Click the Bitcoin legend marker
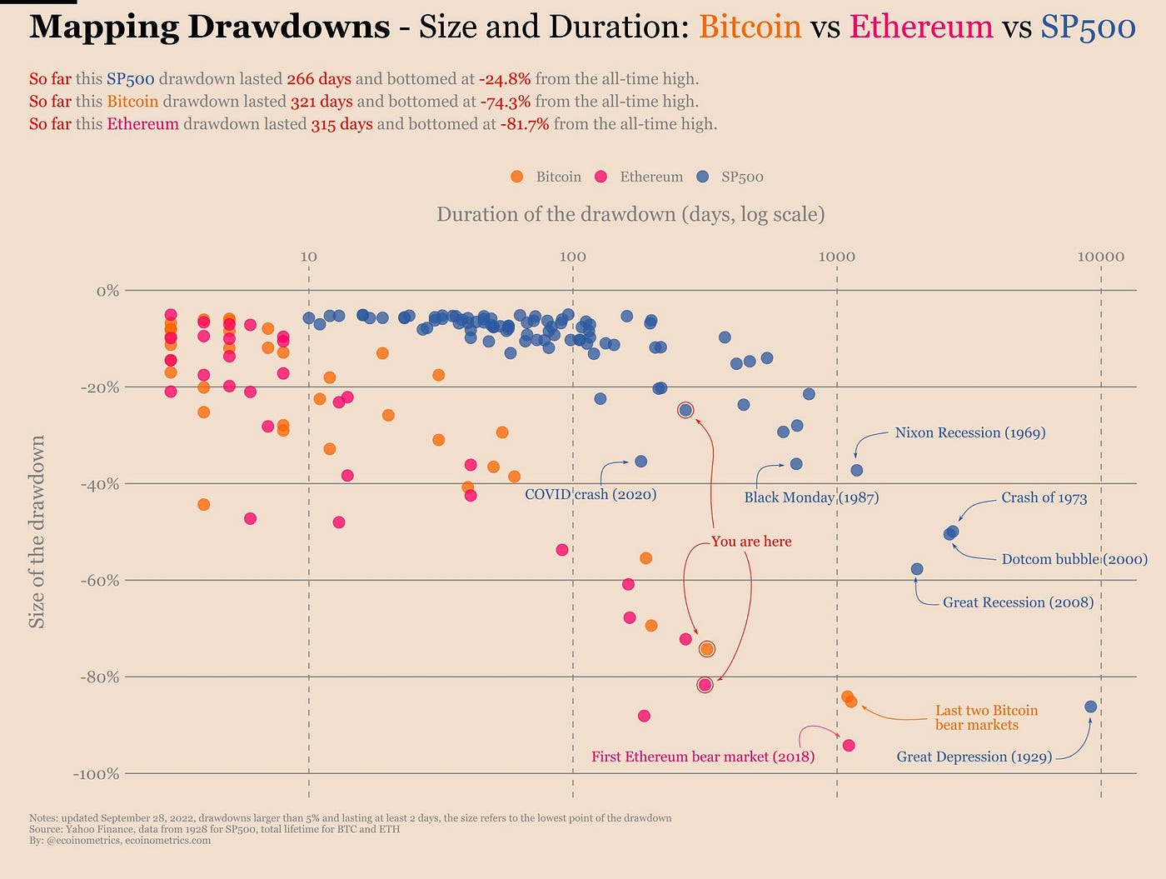(517, 177)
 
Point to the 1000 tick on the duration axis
(836, 256)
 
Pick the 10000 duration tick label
(1100, 256)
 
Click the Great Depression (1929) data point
(1091, 707)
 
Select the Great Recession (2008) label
(1018, 602)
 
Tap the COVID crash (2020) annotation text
(590, 494)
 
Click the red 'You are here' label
(751, 542)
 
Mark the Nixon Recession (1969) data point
(857, 470)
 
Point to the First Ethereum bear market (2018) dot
(849, 745)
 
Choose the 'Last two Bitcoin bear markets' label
(986, 717)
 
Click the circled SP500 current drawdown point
(685, 410)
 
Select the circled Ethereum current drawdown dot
(705, 685)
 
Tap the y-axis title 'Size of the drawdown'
(37, 532)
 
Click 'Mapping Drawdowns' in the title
(210, 27)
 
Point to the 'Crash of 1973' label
(1044, 497)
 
